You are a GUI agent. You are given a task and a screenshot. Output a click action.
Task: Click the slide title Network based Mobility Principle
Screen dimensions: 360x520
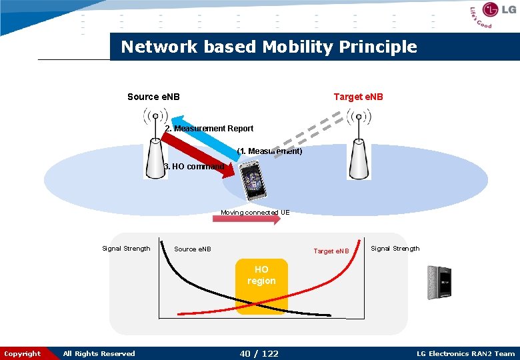click(269, 47)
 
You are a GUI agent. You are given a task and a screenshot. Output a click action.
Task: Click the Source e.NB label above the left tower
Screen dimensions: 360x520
click(153, 97)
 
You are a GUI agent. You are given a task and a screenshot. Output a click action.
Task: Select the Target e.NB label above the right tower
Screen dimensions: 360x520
click(358, 97)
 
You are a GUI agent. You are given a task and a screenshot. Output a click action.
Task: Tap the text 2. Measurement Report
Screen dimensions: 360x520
click(209, 129)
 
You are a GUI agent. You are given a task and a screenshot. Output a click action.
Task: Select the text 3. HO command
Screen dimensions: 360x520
click(194, 167)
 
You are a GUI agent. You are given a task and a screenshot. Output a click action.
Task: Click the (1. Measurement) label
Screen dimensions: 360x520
click(269, 151)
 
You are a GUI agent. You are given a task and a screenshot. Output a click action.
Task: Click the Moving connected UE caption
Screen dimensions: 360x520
click(255, 213)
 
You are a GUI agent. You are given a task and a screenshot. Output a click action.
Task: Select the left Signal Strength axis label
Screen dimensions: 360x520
click(126, 249)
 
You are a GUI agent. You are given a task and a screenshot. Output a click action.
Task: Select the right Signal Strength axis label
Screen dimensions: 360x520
click(395, 249)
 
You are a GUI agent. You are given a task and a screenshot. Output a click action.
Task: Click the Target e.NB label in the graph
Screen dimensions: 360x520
click(331, 251)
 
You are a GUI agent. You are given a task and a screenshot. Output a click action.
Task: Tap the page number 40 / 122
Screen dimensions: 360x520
click(259, 353)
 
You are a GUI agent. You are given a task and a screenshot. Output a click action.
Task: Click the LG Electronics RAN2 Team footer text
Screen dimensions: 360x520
click(465, 354)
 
